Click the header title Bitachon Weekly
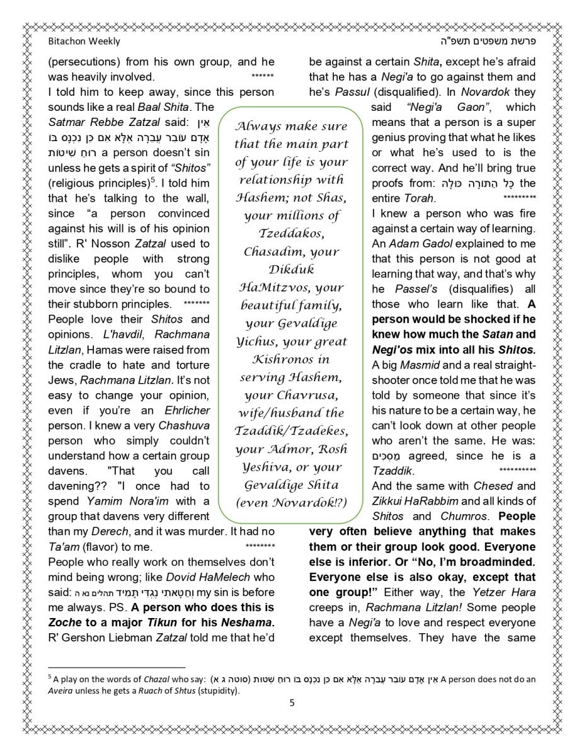pos(84,42)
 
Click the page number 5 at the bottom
pos(292,703)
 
